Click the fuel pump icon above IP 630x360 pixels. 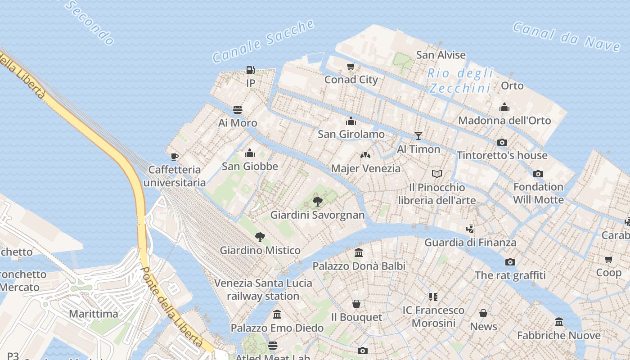pyautogui.click(x=251, y=70)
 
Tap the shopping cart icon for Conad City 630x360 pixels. pyautogui.click(x=351, y=67)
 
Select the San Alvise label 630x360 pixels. pyautogui.click(x=441, y=55)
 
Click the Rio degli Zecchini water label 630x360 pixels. pyautogui.click(x=460, y=81)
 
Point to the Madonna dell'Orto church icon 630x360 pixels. pyautogui.click(x=504, y=107)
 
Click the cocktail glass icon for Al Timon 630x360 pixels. pyautogui.click(x=418, y=135)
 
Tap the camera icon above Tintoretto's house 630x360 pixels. pyautogui.click(x=502, y=142)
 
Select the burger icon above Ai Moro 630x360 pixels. pyautogui.click(x=238, y=110)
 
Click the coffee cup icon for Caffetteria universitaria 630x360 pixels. pyautogui.click(x=175, y=157)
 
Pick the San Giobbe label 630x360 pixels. pyautogui.click(x=250, y=166)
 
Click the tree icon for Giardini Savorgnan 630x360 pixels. pyautogui.click(x=317, y=201)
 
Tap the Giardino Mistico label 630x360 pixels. pyautogui.click(x=260, y=250)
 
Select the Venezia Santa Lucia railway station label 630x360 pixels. pyautogui.click(x=263, y=289)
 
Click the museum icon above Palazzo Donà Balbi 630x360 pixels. pyautogui.click(x=359, y=252)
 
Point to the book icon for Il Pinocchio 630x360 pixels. pyautogui.click(x=436, y=174)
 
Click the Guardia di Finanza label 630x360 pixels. pyautogui.click(x=470, y=243)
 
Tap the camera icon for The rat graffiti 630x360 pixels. pyautogui.click(x=510, y=262)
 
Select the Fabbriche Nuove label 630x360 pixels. pyautogui.click(x=558, y=335)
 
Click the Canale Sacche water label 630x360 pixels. pyautogui.click(x=263, y=41)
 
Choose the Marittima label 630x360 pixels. pyautogui.click(x=93, y=314)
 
